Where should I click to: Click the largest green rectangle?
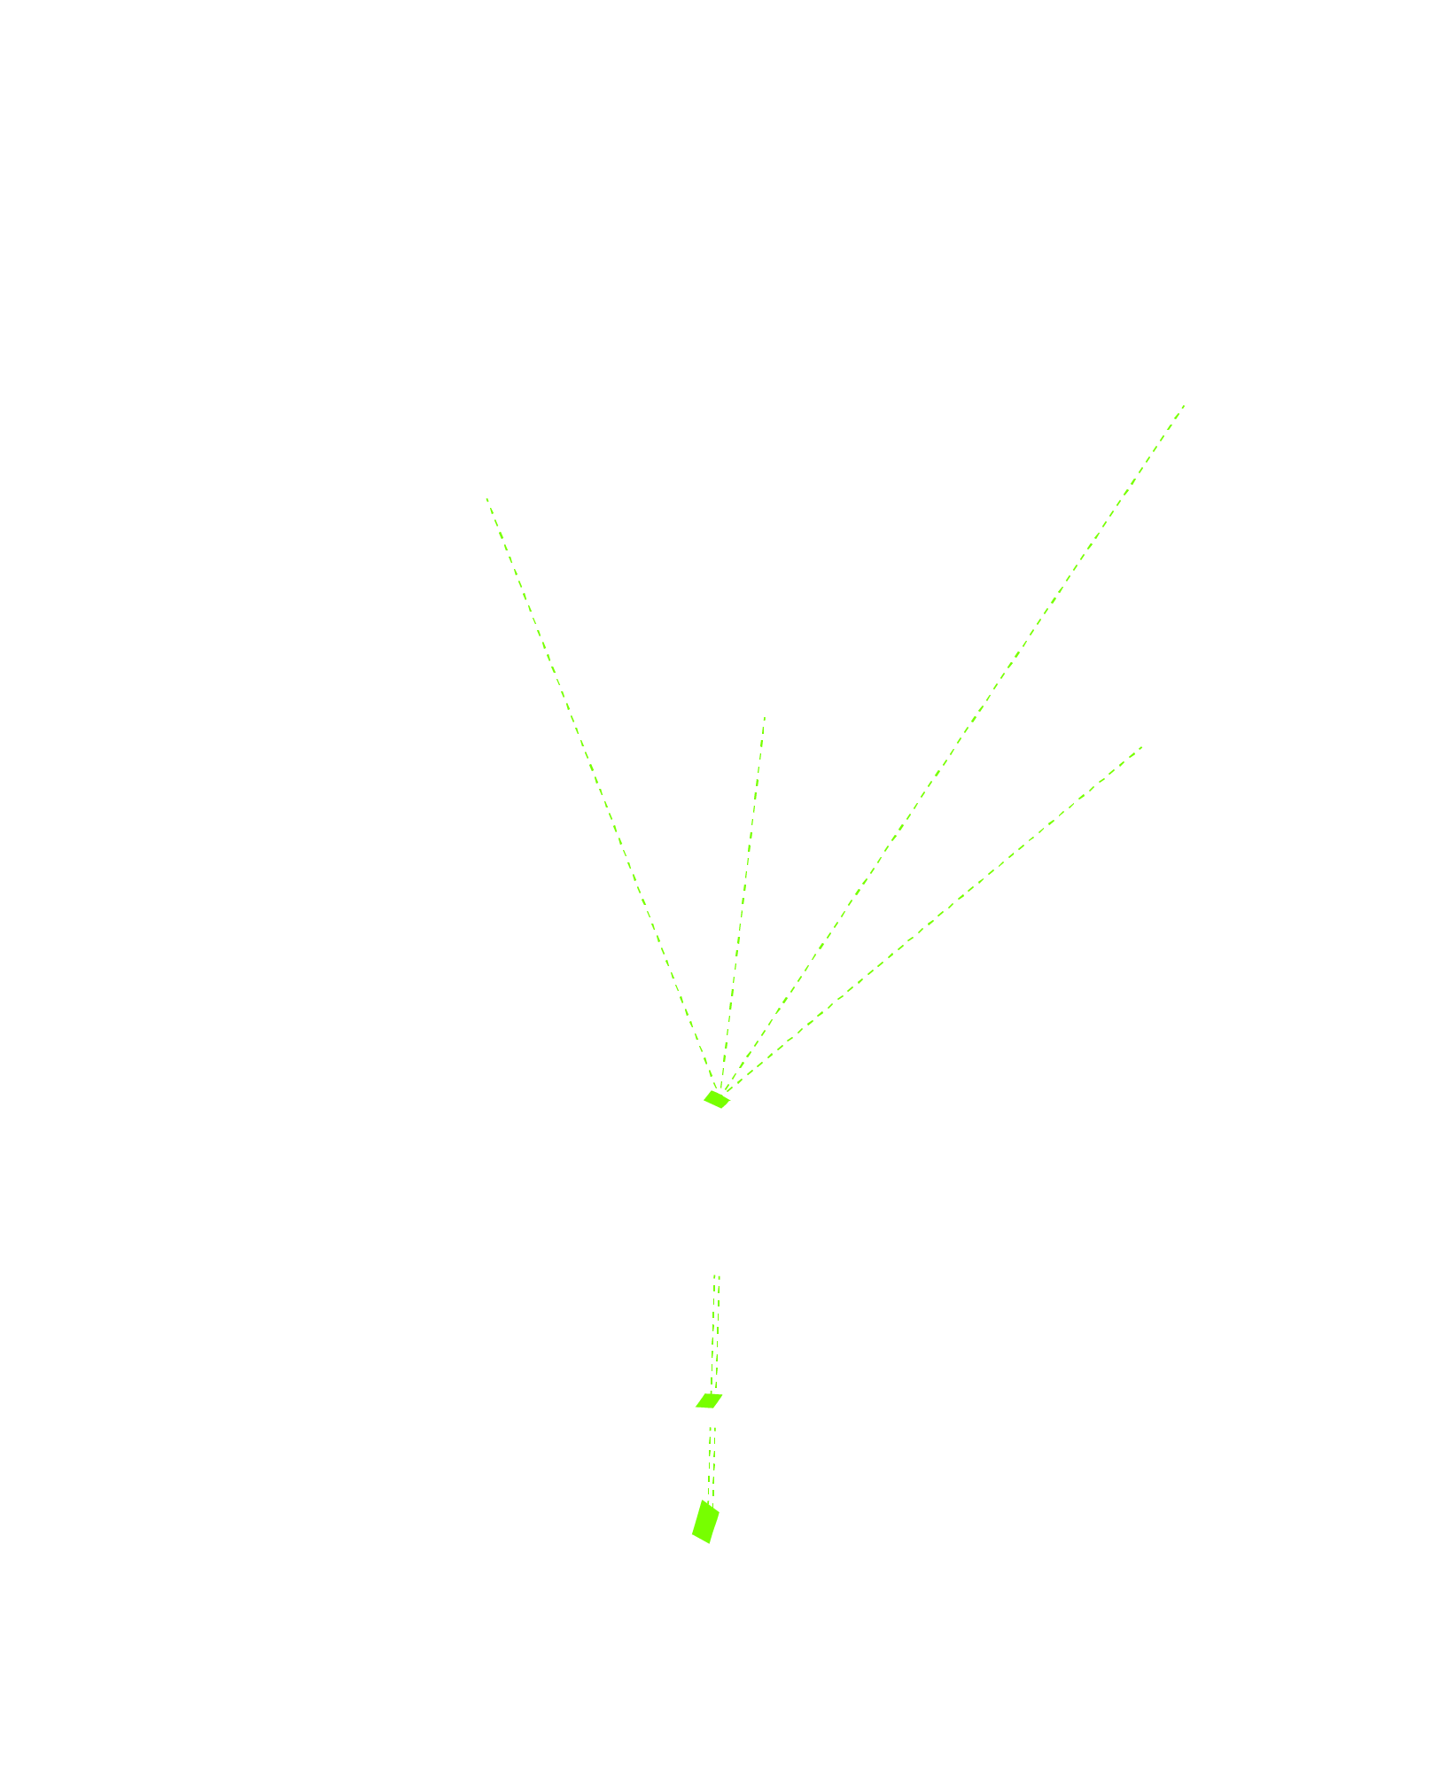pyautogui.click(x=705, y=1521)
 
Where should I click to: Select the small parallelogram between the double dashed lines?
pyautogui.click(x=709, y=1400)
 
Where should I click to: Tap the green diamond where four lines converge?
pyautogui.click(x=717, y=1099)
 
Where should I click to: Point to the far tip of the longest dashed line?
pyautogui.click(x=1185, y=405)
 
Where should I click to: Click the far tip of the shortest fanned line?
pyautogui.click(x=765, y=717)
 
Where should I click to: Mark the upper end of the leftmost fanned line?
pyautogui.click(x=486, y=498)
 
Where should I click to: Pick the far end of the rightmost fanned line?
pyautogui.click(x=1142, y=746)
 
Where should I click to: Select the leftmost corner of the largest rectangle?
pyautogui.click(x=692, y=1534)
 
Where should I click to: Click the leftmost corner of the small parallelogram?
pyautogui.click(x=696, y=1408)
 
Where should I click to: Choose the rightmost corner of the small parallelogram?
pyautogui.click(x=723, y=1394)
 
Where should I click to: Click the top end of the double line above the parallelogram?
pyautogui.click(x=717, y=1276)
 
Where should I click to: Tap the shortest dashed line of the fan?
pyautogui.click(x=744, y=904)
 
